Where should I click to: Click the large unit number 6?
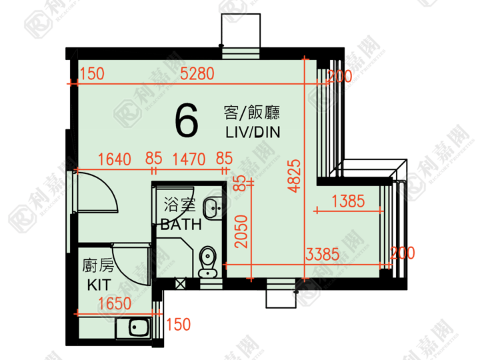pos(187,120)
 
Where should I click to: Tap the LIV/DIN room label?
pos(253,132)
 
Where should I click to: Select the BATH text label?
pos(181,225)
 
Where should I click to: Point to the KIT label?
pos(99,285)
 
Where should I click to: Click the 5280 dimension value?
pos(197,74)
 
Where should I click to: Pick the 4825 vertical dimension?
pos(295,176)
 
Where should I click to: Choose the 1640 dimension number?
pos(114,159)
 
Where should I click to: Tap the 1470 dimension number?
pos(189,159)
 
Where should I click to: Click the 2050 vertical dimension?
pos(241,231)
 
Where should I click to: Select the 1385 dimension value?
pos(348,201)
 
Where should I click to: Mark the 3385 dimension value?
pos(323,255)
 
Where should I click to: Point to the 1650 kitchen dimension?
pos(115,303)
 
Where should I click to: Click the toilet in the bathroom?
pos(208,262)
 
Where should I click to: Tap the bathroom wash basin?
pos(213,208)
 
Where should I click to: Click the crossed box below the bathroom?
pos(180,284)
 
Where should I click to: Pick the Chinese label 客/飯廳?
pos(251,113)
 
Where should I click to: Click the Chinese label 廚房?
pos(98,265)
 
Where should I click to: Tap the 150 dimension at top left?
pos(92,74)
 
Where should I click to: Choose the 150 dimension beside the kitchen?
pos(179,325)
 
